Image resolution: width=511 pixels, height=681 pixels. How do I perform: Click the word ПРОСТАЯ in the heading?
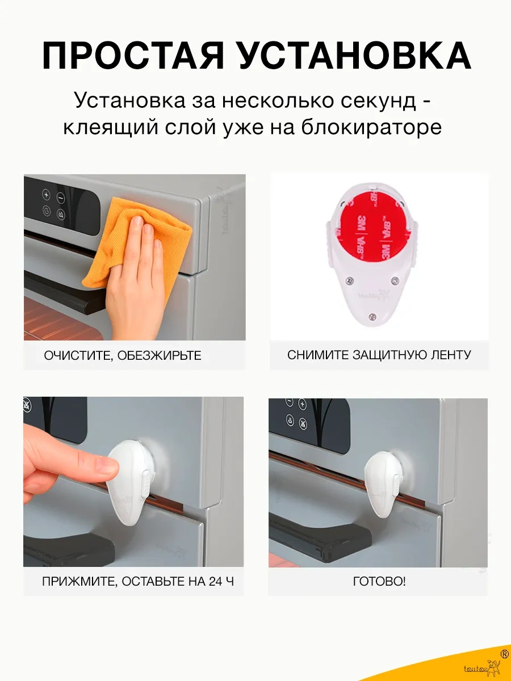(133, 56)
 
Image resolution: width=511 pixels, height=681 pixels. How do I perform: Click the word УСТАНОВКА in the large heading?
(355, 56)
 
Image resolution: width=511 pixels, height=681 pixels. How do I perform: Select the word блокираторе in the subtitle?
(371, 127)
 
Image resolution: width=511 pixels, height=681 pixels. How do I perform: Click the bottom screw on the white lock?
(372, 317)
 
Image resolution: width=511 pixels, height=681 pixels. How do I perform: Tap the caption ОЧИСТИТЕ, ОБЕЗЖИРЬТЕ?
(123, 356)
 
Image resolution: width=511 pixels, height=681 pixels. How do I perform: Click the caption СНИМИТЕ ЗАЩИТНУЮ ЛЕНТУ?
(379, 355)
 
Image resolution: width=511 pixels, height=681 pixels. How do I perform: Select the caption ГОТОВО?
(379, 581)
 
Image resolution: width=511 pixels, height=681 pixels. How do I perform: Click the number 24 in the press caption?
(216, 582)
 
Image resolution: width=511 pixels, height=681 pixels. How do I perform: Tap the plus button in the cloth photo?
(46, 195)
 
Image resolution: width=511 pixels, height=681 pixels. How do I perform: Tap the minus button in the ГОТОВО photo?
(290, 403)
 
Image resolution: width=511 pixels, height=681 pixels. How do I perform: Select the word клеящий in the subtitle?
(111, 127)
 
